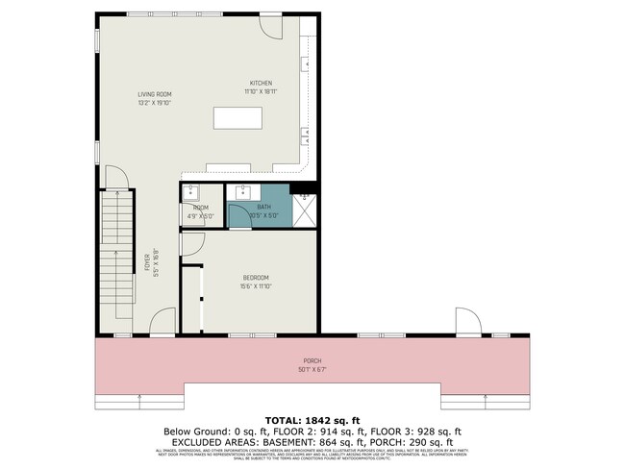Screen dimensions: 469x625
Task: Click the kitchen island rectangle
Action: pyautogui.click(x=237, y=118)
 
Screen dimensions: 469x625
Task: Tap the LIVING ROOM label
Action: pyautogui.click(x=154, y=94)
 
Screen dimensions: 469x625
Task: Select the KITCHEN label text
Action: pyautogui.click(x=262, y=85)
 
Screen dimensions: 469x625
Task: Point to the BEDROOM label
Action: pyautogui.click(x=255, y=278)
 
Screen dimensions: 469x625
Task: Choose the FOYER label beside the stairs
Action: pyautogui.click(x=147, y=261)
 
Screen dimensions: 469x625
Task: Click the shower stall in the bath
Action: pyautogui.click(x=305, y=210)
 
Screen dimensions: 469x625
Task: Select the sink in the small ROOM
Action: pyautogui.click(x=190, y=192)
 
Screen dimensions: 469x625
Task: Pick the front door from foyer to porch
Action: pyautogui.click(x=163, y=322)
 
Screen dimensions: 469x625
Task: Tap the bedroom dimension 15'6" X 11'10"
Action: pyautogui.click(x=255, y=285)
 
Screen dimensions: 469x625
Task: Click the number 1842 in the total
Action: pyautogui.click(x=321, y=420)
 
